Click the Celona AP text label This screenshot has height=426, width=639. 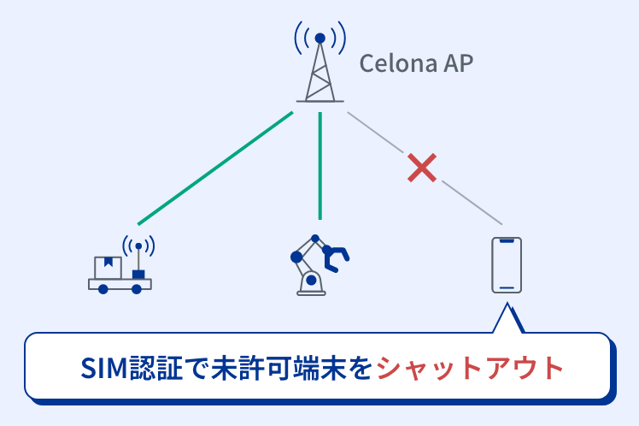415,64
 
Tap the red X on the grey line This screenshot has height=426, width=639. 422,168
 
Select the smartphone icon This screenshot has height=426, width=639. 507,265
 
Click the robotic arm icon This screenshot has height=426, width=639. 319,265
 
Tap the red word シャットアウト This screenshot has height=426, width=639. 471,368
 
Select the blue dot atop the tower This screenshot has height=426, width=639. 319,38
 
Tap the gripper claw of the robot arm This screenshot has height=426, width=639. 339,255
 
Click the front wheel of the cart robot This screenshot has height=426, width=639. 137,289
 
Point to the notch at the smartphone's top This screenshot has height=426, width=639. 507,242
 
